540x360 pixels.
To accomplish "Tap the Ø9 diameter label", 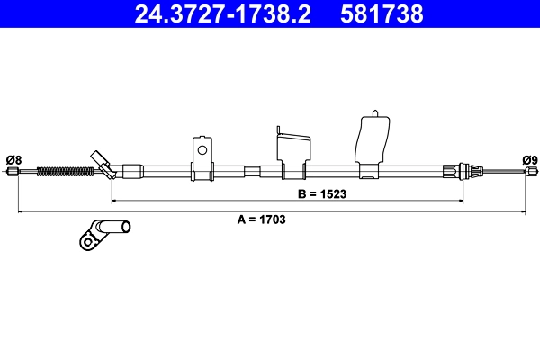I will point(530,160).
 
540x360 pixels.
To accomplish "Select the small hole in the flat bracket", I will point(202,150).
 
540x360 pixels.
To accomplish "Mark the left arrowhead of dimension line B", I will point(114,200).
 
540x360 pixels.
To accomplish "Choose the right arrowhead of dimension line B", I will point(463,200).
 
